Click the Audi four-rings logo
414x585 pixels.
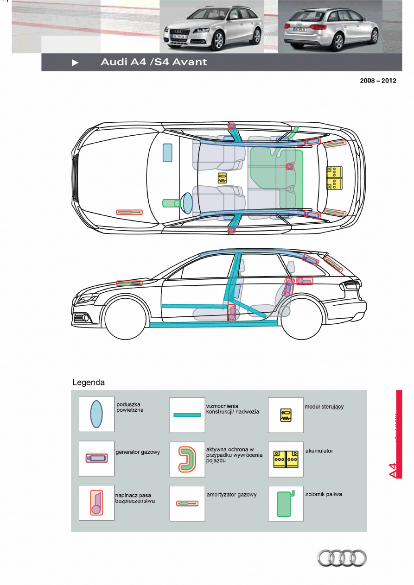pyautogui.click(x=342, y=557)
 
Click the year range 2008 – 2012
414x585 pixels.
pyautogui.click(x=378, y=80)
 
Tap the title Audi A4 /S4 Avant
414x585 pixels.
pyautogui.click(x=154, y=62)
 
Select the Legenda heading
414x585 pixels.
pyautogui.click(x=89, y=383)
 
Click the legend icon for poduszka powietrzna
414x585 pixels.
pyautogui.click(x=96, y=414)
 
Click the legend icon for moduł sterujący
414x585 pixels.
pyautogui.click(x=286, y=415)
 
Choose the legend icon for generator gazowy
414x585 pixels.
pyautogui.click(x=96, y=458)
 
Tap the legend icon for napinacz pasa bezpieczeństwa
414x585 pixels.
pyautogui.click(x=96, y=503)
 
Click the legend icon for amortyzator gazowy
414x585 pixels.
pyautogui.click(x=187, y=503)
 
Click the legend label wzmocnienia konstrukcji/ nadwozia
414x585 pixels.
pyautogui.click(x=232, y=409)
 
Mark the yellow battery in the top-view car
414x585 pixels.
pyautogui.click(x=334, y=178)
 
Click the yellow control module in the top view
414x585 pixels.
pyautogui.click(x=223, y=178)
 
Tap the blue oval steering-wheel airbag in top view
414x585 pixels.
pyautogui.click(x=187, y=203)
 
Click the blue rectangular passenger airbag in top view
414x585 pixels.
pyautogui.click(x=167, y=153)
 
